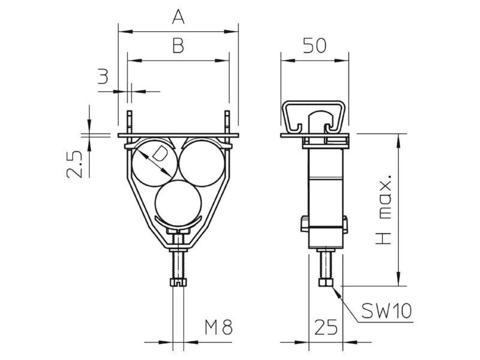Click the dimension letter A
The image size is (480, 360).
pyautogui.click(x=178, y=17)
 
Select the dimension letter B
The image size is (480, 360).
pyautogui.click(x=178, y=46)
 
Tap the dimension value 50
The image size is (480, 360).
pyautogui.click(x=314, y=46)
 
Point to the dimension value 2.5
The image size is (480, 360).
pyautogui.click(x=74, y=164)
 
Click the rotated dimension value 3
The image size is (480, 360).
pyautogui.click(x=103, y=77)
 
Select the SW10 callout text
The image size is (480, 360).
pyautogui.click(x=386, y=311)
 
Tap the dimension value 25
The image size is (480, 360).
pyautogui.click(x=326, y=327)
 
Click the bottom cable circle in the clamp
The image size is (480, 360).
pyautogui.click(x=178, y=203)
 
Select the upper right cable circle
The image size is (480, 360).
pyautogui.click(x=202, y=163)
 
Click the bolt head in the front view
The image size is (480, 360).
pyautogui.click(x=178, y=282)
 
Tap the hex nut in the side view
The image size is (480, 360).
pyautogui.click(x=326, y=282)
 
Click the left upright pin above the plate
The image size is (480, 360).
pyautogui.click(x=130, y=122)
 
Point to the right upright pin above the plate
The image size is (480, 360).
pyautogui.click(x=227, y=122)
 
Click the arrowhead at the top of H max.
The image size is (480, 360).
pyautogui.click(x=398, y=140)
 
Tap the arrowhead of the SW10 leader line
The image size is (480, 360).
pyautogui.click(x=336, y=292)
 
